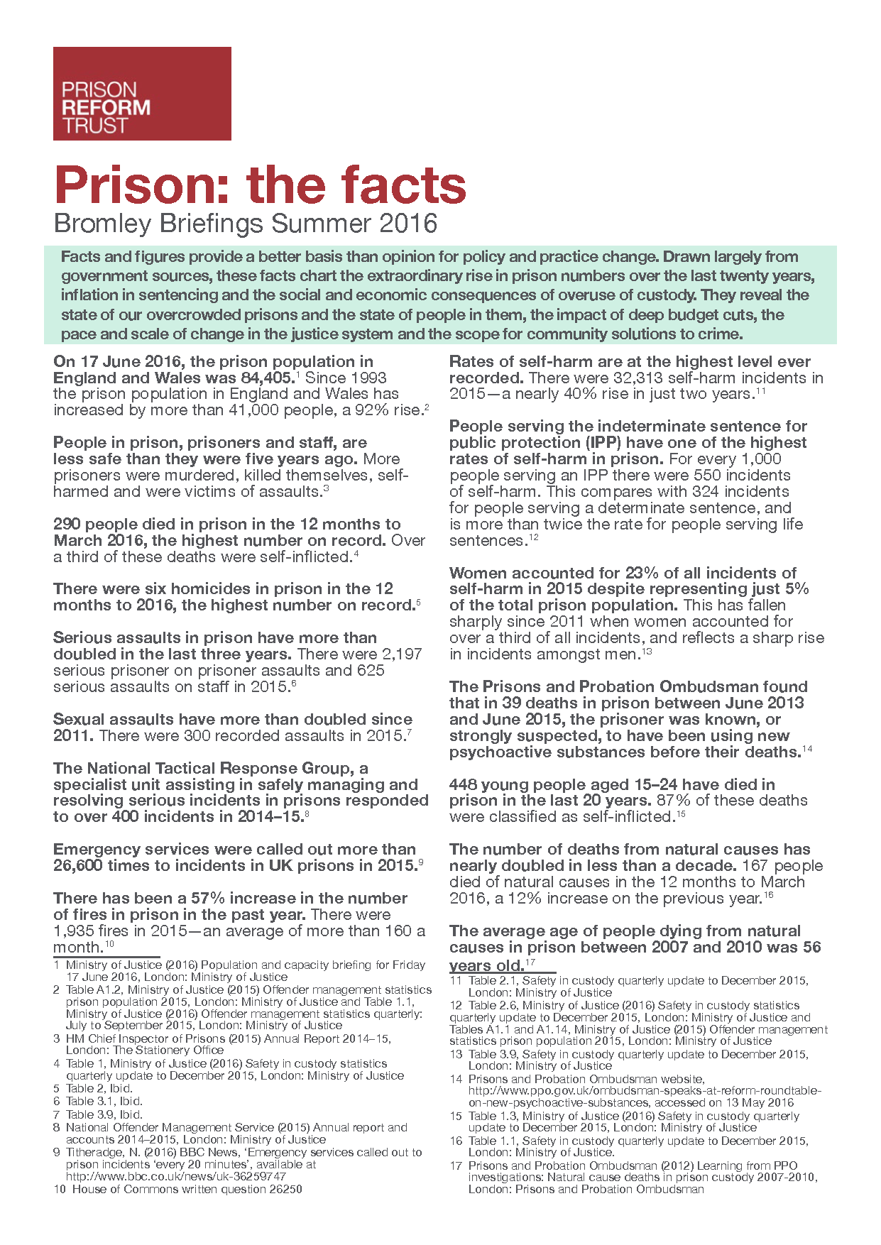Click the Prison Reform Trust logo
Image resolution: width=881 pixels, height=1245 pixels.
click(142, 94)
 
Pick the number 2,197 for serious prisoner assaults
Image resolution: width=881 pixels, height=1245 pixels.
click(402, 654)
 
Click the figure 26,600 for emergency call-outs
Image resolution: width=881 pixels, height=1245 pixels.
click(77, 865)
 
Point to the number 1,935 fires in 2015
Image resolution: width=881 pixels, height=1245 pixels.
click(75, 931)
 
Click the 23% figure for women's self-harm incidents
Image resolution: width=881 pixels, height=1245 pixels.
click(640, 573)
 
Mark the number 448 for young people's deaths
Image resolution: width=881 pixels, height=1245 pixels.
click(464, 784)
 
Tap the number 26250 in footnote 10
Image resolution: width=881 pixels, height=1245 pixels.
click(285, 1189)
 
